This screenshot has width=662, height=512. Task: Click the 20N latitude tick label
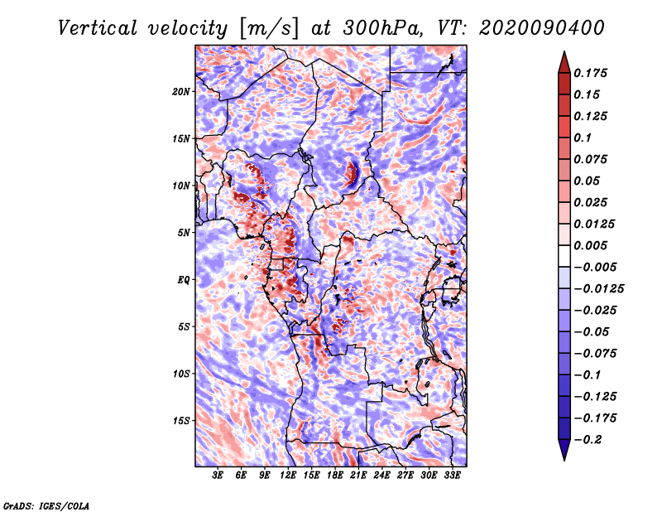(181, 92)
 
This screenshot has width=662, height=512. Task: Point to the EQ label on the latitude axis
(184, 280)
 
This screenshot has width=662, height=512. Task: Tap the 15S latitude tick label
(181, 421)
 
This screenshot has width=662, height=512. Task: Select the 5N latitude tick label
(184, 233)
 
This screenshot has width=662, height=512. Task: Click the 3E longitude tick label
(218, 476)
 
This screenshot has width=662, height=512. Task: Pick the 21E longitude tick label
(358, 476)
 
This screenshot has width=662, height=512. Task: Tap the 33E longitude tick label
(452, 476)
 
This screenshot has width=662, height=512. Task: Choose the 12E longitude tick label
(288, 476)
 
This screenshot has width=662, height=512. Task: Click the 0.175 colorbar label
(590, 73)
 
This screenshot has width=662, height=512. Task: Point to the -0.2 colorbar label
(588, 440)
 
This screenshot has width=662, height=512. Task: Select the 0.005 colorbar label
(590, 245)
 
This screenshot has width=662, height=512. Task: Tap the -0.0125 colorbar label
(598, 289)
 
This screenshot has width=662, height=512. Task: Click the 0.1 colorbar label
(583, 138)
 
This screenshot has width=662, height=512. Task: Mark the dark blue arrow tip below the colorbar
(564, 460)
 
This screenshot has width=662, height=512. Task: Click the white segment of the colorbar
(564, 256)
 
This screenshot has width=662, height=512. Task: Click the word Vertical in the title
(98, 28)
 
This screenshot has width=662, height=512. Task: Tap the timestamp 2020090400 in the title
(542, 28)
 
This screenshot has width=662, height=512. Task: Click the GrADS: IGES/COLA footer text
(46, 505)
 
